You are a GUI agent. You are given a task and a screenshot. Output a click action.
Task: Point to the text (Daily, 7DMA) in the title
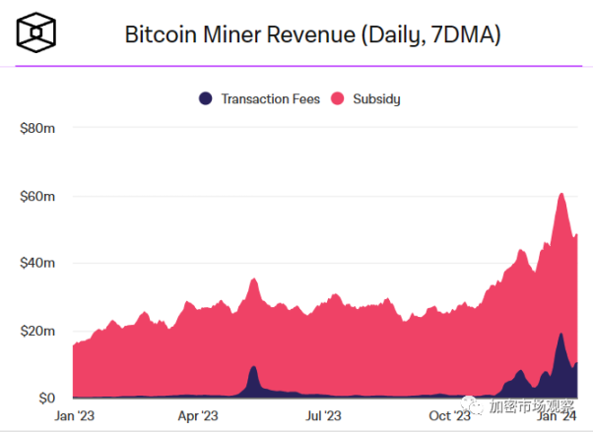433,35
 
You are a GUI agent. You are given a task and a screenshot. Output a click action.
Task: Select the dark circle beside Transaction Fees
206,98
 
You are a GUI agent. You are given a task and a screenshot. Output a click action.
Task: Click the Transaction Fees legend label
270,98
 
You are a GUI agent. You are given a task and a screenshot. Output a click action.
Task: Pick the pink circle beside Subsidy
337,98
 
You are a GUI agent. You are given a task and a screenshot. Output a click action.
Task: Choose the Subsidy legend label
378,98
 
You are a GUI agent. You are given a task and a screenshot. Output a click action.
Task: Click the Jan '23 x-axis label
74,416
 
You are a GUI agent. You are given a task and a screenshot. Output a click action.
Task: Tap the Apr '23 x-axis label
198,416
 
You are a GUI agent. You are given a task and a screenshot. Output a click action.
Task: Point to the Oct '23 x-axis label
448,416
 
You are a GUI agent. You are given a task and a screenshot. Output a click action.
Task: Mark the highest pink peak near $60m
561,194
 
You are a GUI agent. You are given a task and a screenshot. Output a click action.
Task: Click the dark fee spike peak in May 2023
254,367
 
